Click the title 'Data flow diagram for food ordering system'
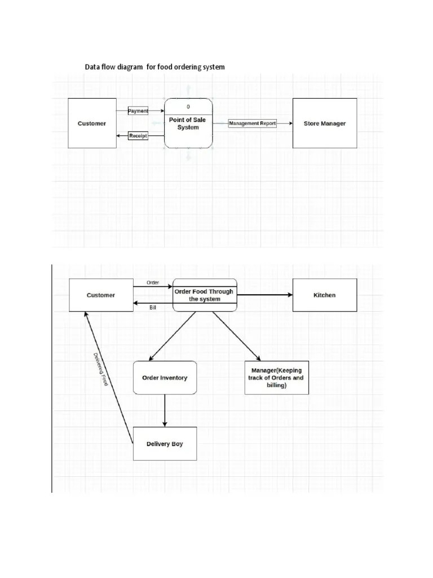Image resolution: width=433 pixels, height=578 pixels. coord(154,67)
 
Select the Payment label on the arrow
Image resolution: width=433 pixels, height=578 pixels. coord(138,111)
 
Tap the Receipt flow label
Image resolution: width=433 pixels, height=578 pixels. coord(138,135)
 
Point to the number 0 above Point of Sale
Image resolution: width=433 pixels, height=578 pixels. coord(188,107)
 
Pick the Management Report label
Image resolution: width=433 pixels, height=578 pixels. coord(253,124)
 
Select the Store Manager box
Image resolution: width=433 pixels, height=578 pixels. coord(325,124)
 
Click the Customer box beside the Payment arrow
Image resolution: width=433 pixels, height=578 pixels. coord(91,124)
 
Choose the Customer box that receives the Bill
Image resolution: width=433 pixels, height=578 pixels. coord(100,295)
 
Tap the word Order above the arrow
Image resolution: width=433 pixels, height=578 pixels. coord(153,282)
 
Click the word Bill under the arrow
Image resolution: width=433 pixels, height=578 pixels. coord(153,308)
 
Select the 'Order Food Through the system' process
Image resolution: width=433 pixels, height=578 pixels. coord(204,295)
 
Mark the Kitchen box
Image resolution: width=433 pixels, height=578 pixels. coord(325,295)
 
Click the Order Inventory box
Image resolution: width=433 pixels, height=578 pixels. coord(165,378)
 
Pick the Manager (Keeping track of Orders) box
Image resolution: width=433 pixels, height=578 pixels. coord(276,378)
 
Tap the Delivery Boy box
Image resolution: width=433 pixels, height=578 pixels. coord(165,444)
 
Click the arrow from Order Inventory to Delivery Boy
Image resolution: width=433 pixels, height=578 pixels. coord(165,410)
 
